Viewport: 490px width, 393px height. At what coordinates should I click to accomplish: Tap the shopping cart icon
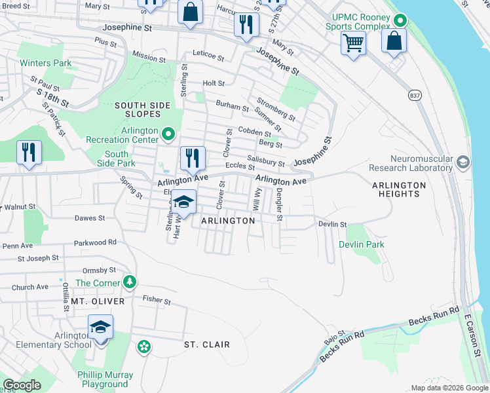[353, 44]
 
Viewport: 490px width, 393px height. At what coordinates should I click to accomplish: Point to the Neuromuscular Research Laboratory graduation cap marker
[464, 162]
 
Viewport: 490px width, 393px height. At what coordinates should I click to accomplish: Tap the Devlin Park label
[361, 244]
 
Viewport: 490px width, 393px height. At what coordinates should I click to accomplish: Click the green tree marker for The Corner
[130, 282]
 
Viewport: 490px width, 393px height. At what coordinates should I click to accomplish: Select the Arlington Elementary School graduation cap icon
[101, 327]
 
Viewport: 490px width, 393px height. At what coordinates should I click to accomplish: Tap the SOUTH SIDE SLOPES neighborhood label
[143, 109]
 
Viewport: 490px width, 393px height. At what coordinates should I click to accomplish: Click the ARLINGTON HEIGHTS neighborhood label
[399, 189]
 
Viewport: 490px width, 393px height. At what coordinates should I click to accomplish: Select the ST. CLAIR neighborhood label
[206, 345]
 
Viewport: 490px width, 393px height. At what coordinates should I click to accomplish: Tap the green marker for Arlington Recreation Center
[168, 135]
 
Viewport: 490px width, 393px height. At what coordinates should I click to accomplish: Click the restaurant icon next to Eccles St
[193, 158]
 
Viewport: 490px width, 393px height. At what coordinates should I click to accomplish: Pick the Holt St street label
[214, 84]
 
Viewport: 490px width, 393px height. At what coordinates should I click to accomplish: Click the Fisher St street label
[157, 300]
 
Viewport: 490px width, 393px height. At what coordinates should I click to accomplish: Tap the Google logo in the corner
[22, 385]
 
